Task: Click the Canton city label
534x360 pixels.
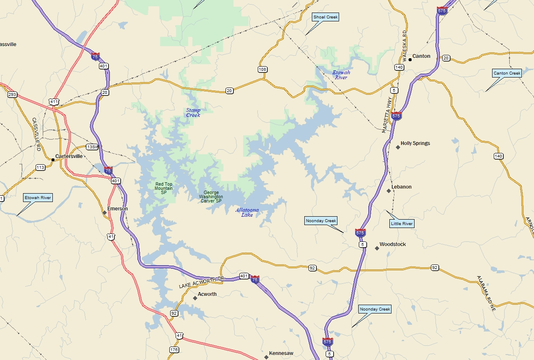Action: [x=421, y=56]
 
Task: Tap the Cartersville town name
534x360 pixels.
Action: [x=69, y=156]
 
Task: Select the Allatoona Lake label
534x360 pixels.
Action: [x=247, y=212]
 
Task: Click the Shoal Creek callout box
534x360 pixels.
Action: [x=325, y=17]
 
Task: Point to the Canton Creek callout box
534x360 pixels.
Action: [x=507, y=73]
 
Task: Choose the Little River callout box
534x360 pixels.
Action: [x=402, y=224]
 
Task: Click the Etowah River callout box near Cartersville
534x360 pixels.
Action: [x=38, y=198]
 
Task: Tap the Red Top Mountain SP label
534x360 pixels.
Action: [x=163, y=188]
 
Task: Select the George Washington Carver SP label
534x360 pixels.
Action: [x=211, y=197]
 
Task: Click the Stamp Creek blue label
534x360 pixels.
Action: [x=193, y=113]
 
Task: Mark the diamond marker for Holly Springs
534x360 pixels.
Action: [x=398, y=147]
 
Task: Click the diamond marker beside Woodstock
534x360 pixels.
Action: [x=377, y=249]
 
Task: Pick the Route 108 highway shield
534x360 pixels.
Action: [x=263, y=70]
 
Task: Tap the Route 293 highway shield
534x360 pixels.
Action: [x=12, y=95]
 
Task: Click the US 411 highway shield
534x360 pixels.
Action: [x=54, y=102]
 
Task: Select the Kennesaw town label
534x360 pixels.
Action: [x=281, y=354]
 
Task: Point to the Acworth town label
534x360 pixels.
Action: [x=207, y=294]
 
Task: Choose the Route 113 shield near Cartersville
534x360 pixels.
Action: [x=40, y=168]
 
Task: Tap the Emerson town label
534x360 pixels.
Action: [x=117, y=209]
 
